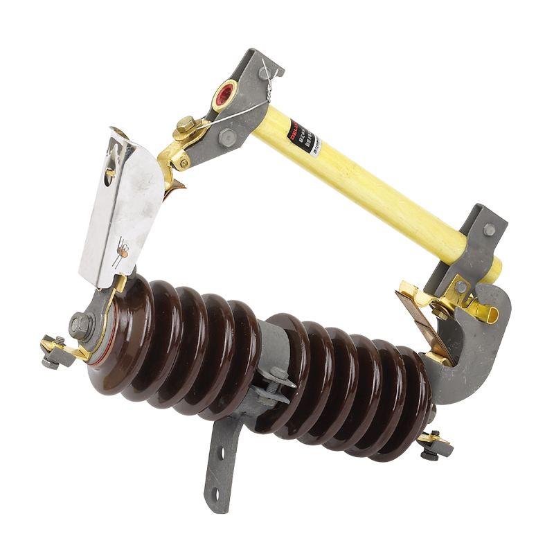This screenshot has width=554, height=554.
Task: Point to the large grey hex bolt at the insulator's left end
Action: (80, 324)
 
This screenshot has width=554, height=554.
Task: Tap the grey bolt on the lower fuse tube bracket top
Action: (490, 229)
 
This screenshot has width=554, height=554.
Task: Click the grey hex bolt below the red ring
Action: (226, 138)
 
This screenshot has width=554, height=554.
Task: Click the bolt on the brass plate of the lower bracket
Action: (461, 286)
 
